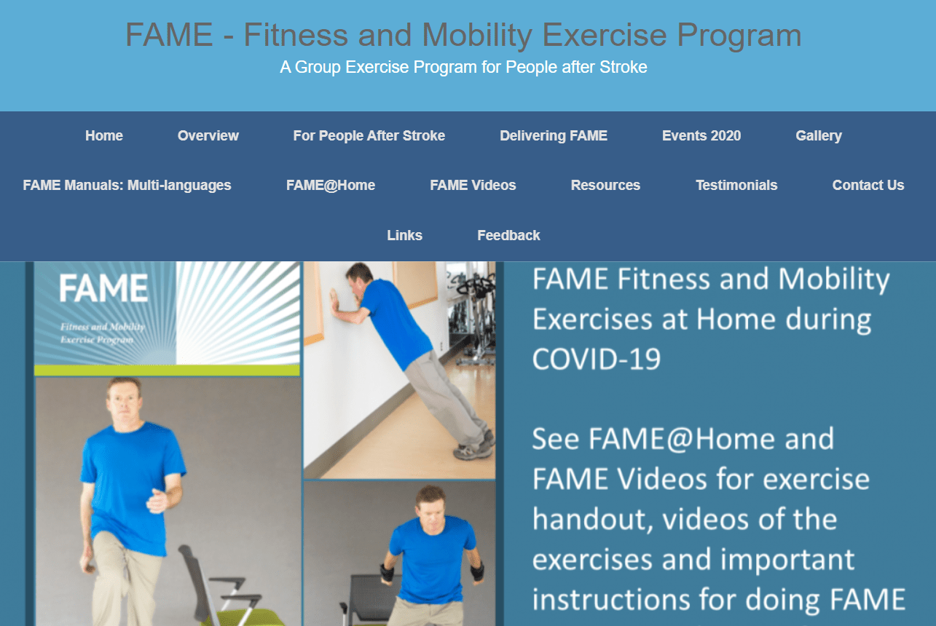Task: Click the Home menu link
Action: coord(104,136)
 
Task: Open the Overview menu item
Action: coord(208,136)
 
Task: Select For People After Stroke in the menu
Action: coord(369,136)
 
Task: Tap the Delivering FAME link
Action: coord(554,136)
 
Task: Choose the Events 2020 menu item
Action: coord(701,136)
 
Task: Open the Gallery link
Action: coord(819,136)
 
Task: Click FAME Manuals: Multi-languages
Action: coord(127,186)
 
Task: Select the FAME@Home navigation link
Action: coord(331,186)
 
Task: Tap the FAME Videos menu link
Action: coord(473,186)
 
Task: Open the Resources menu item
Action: coord(605,186)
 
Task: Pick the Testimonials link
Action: coord(736,186)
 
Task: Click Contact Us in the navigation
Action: coord(868,186)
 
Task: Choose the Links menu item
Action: coord(405,235)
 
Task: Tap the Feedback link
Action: coord(508,235)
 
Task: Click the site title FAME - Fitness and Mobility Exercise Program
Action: coord(463,35)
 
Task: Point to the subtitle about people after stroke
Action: coord(463,68)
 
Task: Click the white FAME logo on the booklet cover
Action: coord(103,289)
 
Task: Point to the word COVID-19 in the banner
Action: coord(597,359)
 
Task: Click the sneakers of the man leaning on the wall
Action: coord(475,448)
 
